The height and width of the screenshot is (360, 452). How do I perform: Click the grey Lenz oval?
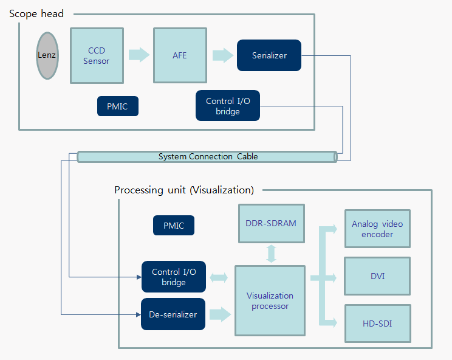(x=47, y=55)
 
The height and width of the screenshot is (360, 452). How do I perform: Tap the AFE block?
(x=180, y=55)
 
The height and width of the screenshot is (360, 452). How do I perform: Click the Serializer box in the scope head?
(x=269, y=55)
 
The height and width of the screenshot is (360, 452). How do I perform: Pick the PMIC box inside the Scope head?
(x=117, y=106)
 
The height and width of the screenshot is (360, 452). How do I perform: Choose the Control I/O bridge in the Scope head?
(x=228, y=106)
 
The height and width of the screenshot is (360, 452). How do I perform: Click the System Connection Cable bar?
(x=207, y=157)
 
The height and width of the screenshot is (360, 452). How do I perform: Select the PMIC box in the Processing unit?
(x=173, y=226)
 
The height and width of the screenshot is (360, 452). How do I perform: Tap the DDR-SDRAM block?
(x=271, y=223)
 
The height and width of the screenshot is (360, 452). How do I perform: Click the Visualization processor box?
(x=270, y=300)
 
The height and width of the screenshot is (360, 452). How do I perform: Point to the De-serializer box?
(x=173, y=314)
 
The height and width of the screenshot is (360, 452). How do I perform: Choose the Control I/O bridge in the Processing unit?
(x=173, y=277)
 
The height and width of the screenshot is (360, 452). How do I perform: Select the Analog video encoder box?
(x=377, y=229)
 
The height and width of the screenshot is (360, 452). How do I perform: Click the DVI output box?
(x=377, y=277)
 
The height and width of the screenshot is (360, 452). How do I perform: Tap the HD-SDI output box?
(x=377, y=323)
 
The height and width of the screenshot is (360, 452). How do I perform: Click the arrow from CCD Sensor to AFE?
(x=139, y=55)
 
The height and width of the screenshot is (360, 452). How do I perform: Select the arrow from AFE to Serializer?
(x=223, y=55)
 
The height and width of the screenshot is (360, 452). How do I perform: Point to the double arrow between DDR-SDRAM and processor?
(x=271, y=254)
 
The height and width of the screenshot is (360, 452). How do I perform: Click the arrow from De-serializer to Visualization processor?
(x=220, y=314)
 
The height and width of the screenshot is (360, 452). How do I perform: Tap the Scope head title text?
(x=36, y=13)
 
